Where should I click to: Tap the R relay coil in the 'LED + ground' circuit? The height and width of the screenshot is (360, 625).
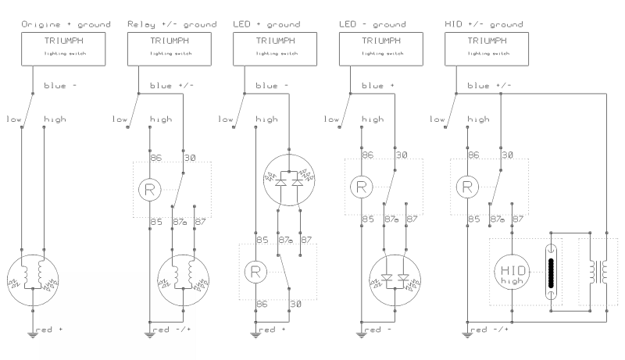click(256, 272)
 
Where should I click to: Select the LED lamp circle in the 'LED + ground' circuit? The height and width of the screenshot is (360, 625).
click(290, 180)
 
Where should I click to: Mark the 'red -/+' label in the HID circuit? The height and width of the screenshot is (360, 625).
click(493, 329)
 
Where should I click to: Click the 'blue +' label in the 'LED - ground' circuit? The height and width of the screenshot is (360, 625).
click(381, 85)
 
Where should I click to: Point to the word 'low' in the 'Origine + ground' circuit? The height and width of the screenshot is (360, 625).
click(13, 119)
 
